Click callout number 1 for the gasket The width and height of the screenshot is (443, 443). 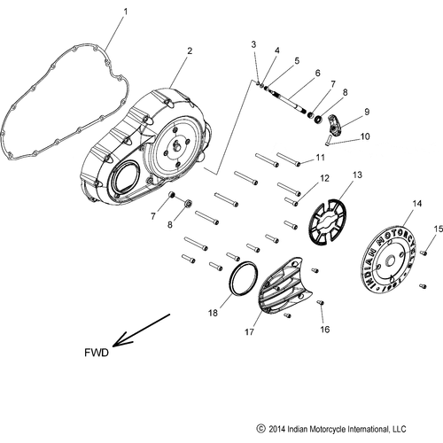pyautogui.click(x=125, y=12)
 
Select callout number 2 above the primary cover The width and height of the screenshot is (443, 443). pyautogui.click(x=189, y=52)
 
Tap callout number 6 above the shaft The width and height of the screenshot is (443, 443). pyautogui.click(x=293, y=73)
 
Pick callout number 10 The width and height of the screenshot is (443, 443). pyautogui.click(x=366, y=136)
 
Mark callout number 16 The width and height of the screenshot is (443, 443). pyautogui.click(x=323, y=329)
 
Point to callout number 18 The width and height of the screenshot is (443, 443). pyautogui.click(x=213, y=313)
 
